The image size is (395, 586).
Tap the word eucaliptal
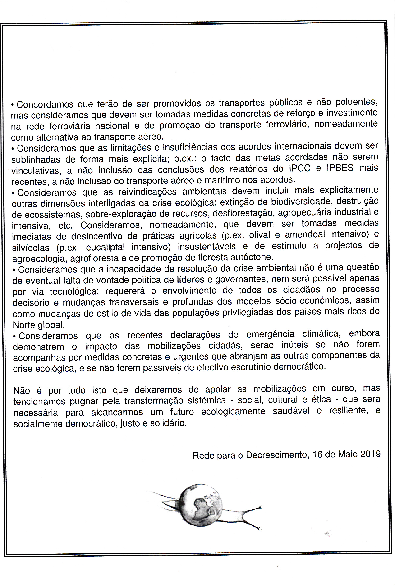click(x=105, y=247)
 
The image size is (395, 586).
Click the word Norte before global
click(x=24, y=325)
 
